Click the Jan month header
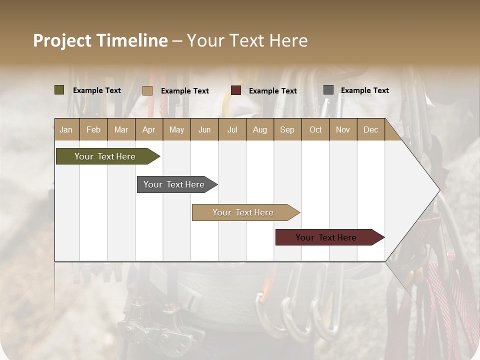[x=66, y=129]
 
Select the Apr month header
[x=148, y=129]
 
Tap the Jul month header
[x=232, y=129]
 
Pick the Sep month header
[x=287, y=129]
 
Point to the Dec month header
[x=370, y=129]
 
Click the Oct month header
[x=315, y=129]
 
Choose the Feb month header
[x=93, y=129]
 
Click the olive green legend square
[x=59, y=90]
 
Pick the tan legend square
[x=147, y=90]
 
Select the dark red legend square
[x=236, y=90]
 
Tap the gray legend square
[x=328, y=90]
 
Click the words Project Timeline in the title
[x=100, y=40]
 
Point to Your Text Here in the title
[x=247, y=40]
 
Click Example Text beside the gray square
[x=364, y=90]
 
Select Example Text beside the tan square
[x=184, y=91]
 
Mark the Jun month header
[x=204, y=129]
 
